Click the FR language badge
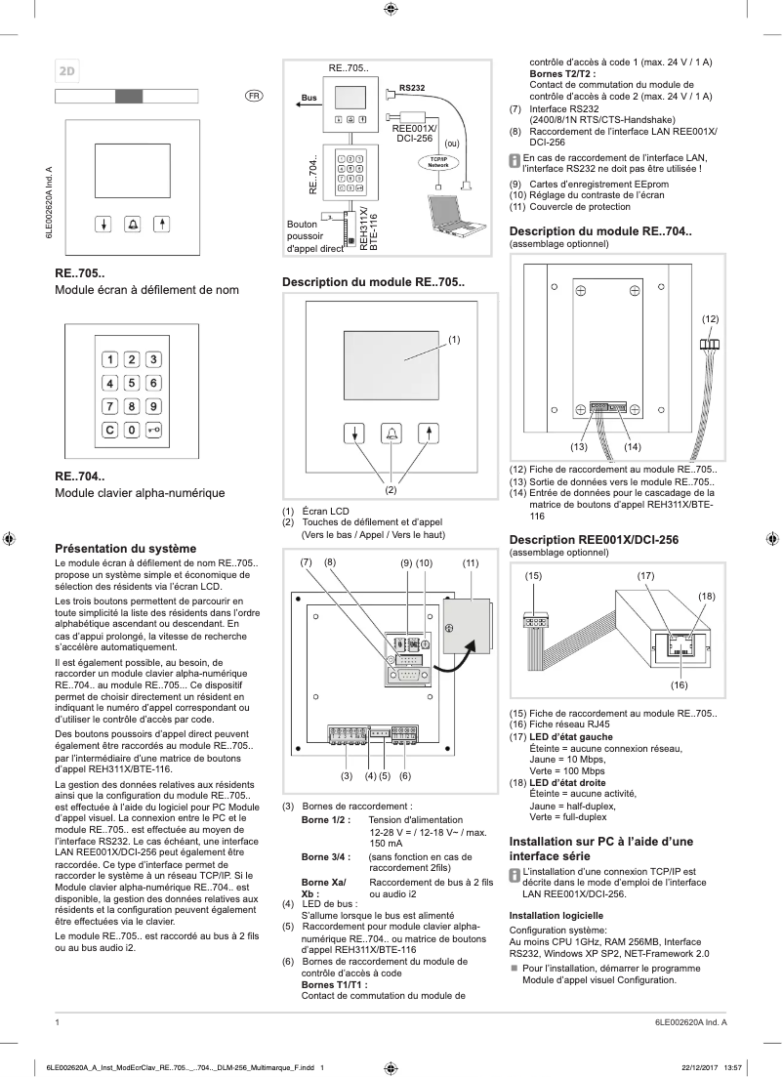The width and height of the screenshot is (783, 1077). click(x=253, y=96)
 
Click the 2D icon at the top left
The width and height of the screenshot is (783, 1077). click(x=68, y=70)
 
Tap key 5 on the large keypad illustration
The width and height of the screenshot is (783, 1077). click(x=132, y=383)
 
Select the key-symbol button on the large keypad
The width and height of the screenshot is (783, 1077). click(x=153, y=429)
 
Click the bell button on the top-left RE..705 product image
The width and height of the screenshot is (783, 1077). click(x=132, y=222)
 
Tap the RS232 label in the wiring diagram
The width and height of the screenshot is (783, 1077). click(x=412, y=89)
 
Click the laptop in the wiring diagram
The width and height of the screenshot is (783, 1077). click(x=454, y=213)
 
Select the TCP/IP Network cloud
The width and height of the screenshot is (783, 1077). click(x=437, y=163)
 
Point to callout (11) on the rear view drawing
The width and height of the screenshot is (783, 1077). click(x=471, y=562)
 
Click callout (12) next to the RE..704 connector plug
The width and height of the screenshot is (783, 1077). click(x=710, y=319)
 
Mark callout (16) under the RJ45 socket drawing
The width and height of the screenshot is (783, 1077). click(x=680, y=684)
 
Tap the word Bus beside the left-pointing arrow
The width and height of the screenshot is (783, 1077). click(x=309, y=99)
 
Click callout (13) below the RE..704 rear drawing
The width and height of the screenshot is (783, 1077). click(x=578, y=446)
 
